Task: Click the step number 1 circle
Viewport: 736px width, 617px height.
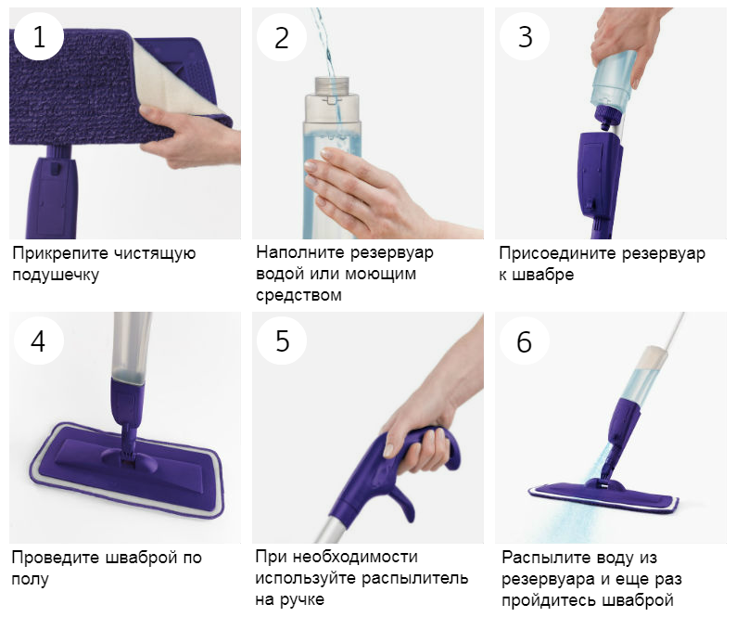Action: point(39,36)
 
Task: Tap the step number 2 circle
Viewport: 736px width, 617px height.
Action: point(282,36)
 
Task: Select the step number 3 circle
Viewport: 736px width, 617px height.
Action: point(525,36)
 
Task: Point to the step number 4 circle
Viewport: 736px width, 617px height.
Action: point(39,341)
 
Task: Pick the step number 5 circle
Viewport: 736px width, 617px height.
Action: point(282,341)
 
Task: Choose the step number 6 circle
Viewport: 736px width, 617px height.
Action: point(525,341)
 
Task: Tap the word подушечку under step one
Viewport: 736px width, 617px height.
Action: point(56,275)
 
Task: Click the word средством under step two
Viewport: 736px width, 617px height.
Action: point(298,295)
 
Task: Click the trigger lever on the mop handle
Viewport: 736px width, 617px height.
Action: point(402,503)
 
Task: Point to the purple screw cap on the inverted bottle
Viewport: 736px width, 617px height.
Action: point(609,116)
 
